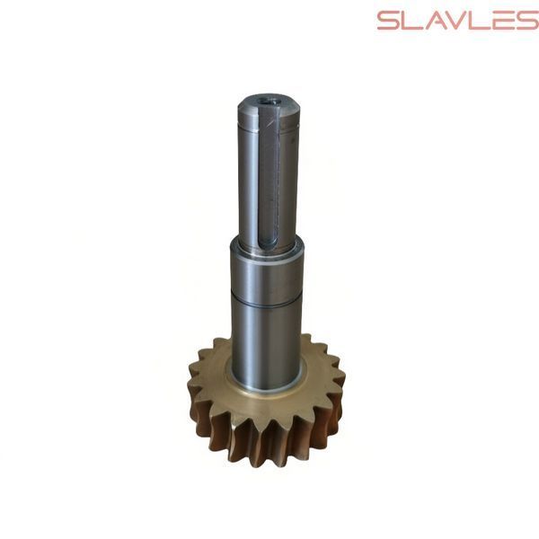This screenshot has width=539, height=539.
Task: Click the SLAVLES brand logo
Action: (458, 21)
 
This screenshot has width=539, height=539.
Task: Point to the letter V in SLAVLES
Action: (461, 21)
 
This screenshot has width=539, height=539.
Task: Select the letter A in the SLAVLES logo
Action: (437, 21)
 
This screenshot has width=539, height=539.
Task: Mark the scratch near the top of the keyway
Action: (273, 119)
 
